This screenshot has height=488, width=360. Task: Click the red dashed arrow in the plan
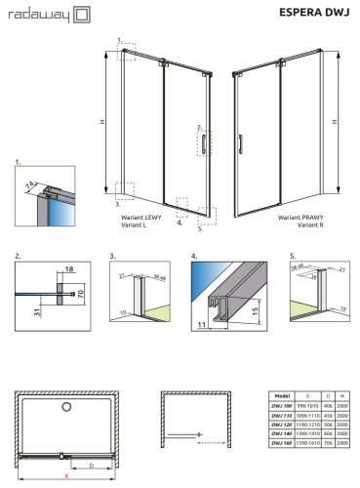point(183,441)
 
